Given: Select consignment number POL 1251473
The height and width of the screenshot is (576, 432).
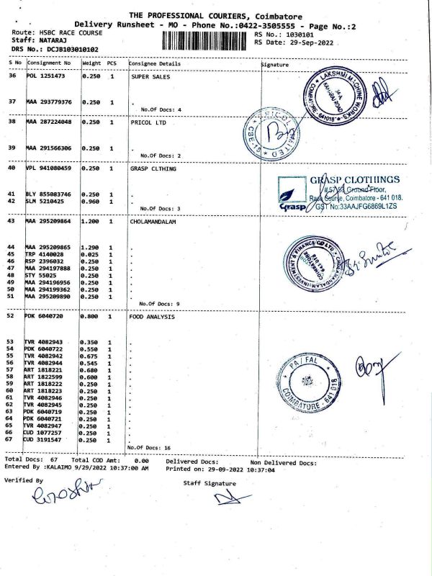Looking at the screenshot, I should point(46,76).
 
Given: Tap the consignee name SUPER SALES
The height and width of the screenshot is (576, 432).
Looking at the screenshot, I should point(150,76).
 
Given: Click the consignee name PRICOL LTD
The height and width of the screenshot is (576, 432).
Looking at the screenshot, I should point(149,122).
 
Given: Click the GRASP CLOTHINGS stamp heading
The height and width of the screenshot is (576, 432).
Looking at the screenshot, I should point(355,180).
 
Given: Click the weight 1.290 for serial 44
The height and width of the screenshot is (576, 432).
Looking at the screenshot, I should point(91,248).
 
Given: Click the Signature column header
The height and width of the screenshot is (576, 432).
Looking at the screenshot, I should point(274,65).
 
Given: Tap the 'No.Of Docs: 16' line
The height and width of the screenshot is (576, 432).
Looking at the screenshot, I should point(148,448).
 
